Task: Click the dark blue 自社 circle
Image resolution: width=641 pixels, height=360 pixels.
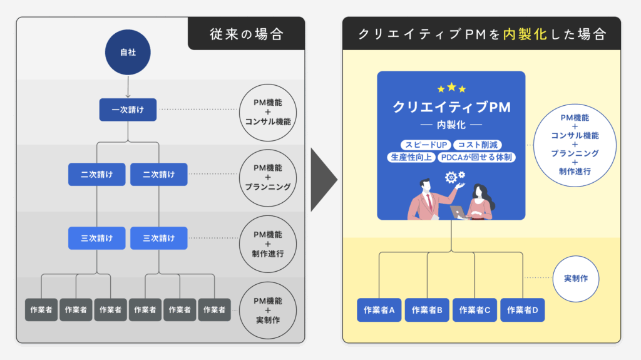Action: click(x=128, y=53)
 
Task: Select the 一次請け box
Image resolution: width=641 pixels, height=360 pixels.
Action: click(x=128, y=110)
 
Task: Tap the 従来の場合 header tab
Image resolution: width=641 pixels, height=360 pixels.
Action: click(x=246, y=34)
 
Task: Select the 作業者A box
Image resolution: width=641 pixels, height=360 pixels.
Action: click(x=379, y=309)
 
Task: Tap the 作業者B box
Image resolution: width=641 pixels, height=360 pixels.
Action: click(x=426, y=309)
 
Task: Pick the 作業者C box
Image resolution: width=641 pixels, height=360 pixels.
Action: click(x=474, y=309)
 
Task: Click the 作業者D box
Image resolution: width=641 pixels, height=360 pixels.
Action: click(x=522, y=309)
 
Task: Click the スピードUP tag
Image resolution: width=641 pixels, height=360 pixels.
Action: click(x=419, y=145)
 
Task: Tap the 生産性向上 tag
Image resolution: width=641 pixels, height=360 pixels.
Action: click(x=410, y=157)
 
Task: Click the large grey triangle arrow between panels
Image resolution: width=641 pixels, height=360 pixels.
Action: click(x=324, y=181)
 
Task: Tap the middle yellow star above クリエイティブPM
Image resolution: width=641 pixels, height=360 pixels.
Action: click(x=451, y=87)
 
